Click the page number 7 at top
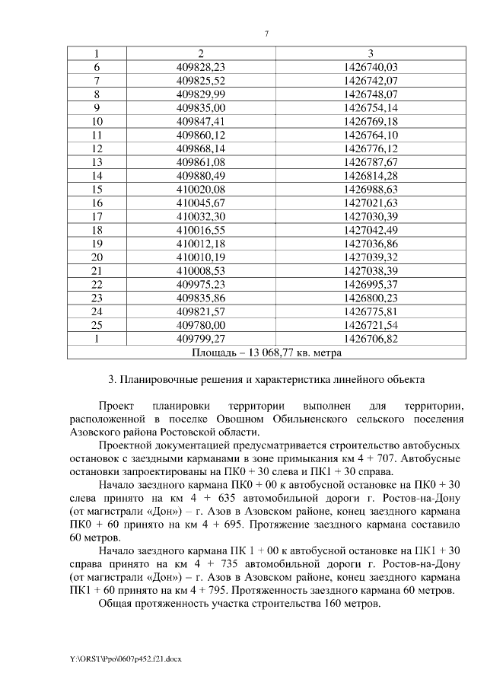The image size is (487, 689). [266, 33]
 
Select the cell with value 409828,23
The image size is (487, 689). [201, 67]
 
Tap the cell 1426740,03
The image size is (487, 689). [371, 67]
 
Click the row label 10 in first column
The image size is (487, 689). [97, 121]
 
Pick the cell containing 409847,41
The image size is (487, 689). [201, 121]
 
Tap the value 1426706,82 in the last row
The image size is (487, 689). [371, 340]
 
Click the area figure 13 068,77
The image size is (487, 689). [266, 353]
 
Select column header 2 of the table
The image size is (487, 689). [201, 53]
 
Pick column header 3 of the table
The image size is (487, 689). [371, 53]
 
